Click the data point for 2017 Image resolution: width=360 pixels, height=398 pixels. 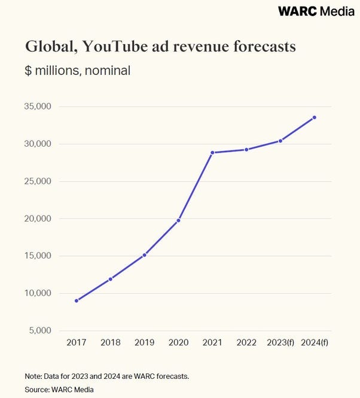[77, 301]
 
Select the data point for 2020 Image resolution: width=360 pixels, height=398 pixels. [178, 221]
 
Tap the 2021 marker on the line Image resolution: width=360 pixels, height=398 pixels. [212, 153]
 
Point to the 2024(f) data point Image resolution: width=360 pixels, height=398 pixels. [315, 117]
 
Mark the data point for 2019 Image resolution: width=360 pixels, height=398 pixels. [144, 255]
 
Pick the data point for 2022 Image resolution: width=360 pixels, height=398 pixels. [246, 150]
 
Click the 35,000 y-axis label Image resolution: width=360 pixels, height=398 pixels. [38, 107]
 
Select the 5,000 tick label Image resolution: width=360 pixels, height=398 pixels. [40, 330]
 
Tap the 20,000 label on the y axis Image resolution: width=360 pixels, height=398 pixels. [38, 218]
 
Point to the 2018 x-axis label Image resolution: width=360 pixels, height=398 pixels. [111, 342]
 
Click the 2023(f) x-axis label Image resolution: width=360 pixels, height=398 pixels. [280, 342]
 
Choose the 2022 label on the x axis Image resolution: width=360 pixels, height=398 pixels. [246, 342]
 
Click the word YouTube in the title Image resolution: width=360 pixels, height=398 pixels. [115, 47]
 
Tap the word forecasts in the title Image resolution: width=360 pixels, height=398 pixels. [264, 47]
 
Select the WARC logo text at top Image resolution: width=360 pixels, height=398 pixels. [298, 11]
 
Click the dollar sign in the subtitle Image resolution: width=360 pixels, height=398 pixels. [28, 70]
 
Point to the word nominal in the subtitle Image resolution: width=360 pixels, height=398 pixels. [108, 70]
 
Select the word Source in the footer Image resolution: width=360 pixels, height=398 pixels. [37, 390]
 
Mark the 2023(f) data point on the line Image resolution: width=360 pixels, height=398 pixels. [280, 141]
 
